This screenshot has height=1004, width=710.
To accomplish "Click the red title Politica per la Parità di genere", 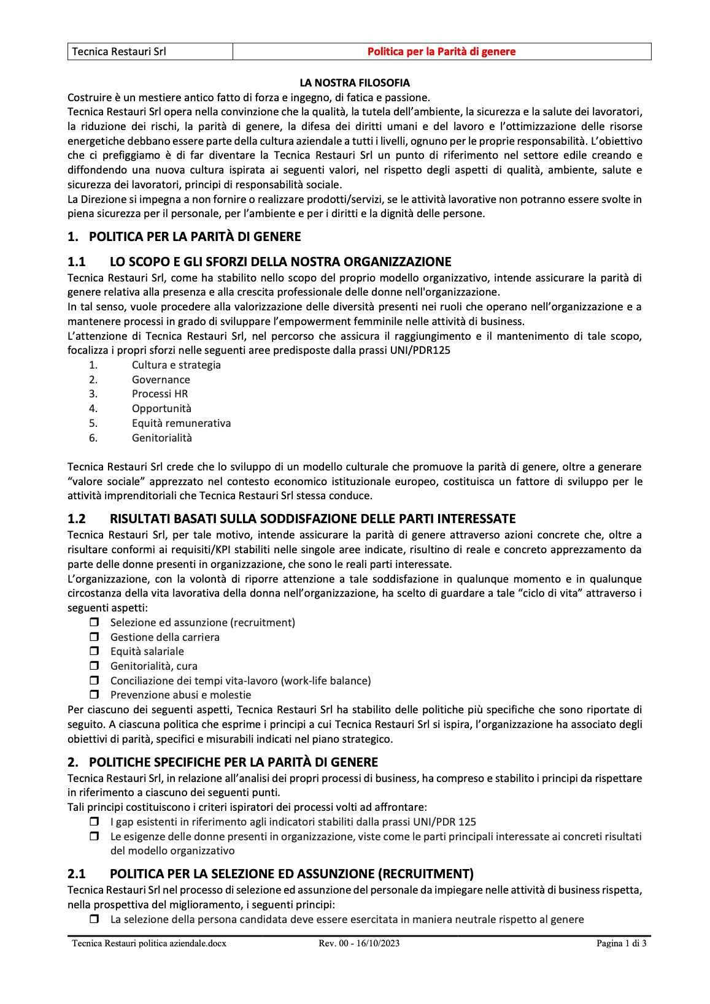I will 441,52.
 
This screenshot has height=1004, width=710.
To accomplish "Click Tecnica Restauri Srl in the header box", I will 119,52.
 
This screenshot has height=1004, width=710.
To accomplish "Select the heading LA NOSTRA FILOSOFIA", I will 355,82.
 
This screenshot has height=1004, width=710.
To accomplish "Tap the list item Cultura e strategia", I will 176,365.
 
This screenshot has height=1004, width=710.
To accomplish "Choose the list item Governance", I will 161,380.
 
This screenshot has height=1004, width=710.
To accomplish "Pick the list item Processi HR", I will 160,394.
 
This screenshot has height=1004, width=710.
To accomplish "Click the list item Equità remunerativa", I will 181,423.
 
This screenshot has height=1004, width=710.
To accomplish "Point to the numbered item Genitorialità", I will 161,438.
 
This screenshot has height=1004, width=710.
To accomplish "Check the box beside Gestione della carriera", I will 95,637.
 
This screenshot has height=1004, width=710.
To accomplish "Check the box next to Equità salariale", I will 95,651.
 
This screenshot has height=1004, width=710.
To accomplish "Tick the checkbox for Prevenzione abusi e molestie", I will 95,695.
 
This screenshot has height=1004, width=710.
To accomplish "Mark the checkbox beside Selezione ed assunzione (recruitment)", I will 95,623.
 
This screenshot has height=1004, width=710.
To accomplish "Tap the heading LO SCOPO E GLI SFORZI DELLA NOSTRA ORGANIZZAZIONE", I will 280,262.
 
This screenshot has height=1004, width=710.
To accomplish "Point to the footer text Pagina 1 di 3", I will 621,944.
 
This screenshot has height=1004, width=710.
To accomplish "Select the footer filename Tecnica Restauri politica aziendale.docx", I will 149,944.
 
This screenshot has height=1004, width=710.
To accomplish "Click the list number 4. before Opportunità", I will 93,408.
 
